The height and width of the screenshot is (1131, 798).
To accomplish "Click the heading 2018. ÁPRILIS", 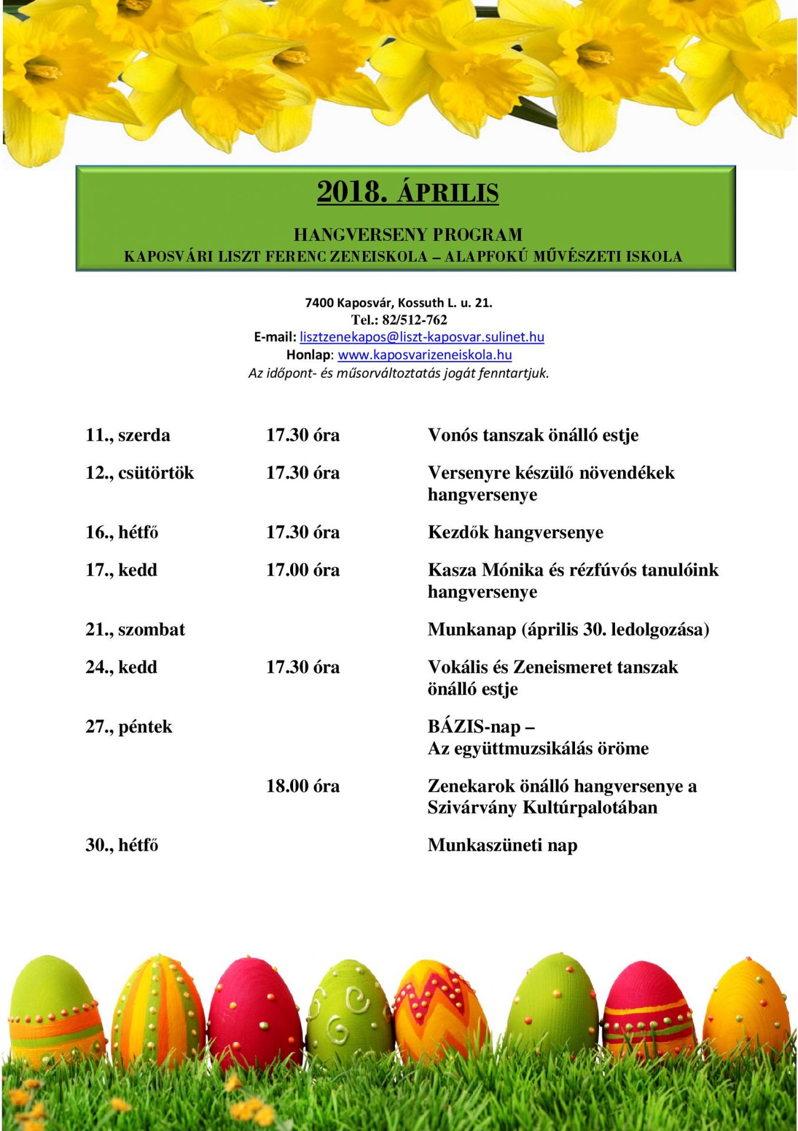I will [x=408, y=192].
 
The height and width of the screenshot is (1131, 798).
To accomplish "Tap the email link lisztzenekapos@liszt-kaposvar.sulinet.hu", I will [x=421, y=337].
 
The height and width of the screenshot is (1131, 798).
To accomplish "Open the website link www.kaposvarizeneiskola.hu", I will [x=424, y=355].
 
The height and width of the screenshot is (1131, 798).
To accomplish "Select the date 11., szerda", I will [x=128, y=435].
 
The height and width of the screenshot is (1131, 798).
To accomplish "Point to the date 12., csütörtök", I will [x=139, y=473].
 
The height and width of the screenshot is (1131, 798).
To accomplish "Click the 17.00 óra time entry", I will [x=302, y=570].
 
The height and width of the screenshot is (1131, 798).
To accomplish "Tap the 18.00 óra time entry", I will [x=302, y=786].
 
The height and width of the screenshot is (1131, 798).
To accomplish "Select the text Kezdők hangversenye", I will [x=516, y=533].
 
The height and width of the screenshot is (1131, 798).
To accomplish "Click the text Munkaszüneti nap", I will [x=503, y=845].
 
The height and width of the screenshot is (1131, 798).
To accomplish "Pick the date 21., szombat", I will [x=135, y=630].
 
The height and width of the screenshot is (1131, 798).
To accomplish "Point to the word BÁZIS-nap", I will [x=474, y=726].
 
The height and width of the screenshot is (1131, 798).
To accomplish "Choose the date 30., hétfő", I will [x=122, y=845].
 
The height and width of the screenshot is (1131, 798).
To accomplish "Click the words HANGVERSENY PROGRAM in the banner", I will [x=408, y=234].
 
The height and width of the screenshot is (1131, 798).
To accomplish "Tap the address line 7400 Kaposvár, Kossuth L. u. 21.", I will [x=398, y=303].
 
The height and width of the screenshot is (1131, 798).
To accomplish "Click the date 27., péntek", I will [x=129, y=726].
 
